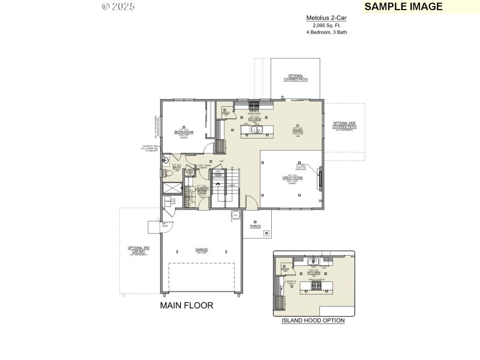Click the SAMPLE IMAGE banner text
pos(403,7)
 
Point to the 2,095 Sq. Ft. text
pos(326,26)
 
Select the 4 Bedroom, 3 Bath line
pos(326,32)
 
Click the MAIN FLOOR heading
pos(186,305)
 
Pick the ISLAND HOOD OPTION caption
pos(313,320)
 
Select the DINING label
pos(297,130)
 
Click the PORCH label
pos(256,226)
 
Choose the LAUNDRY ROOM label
pos(202,190)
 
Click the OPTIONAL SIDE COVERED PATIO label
pos(344,126)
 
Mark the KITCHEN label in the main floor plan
pos(254,119)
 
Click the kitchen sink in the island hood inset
pos(313,261)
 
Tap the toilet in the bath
pos(169,174)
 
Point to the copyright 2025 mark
pos(118,7)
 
